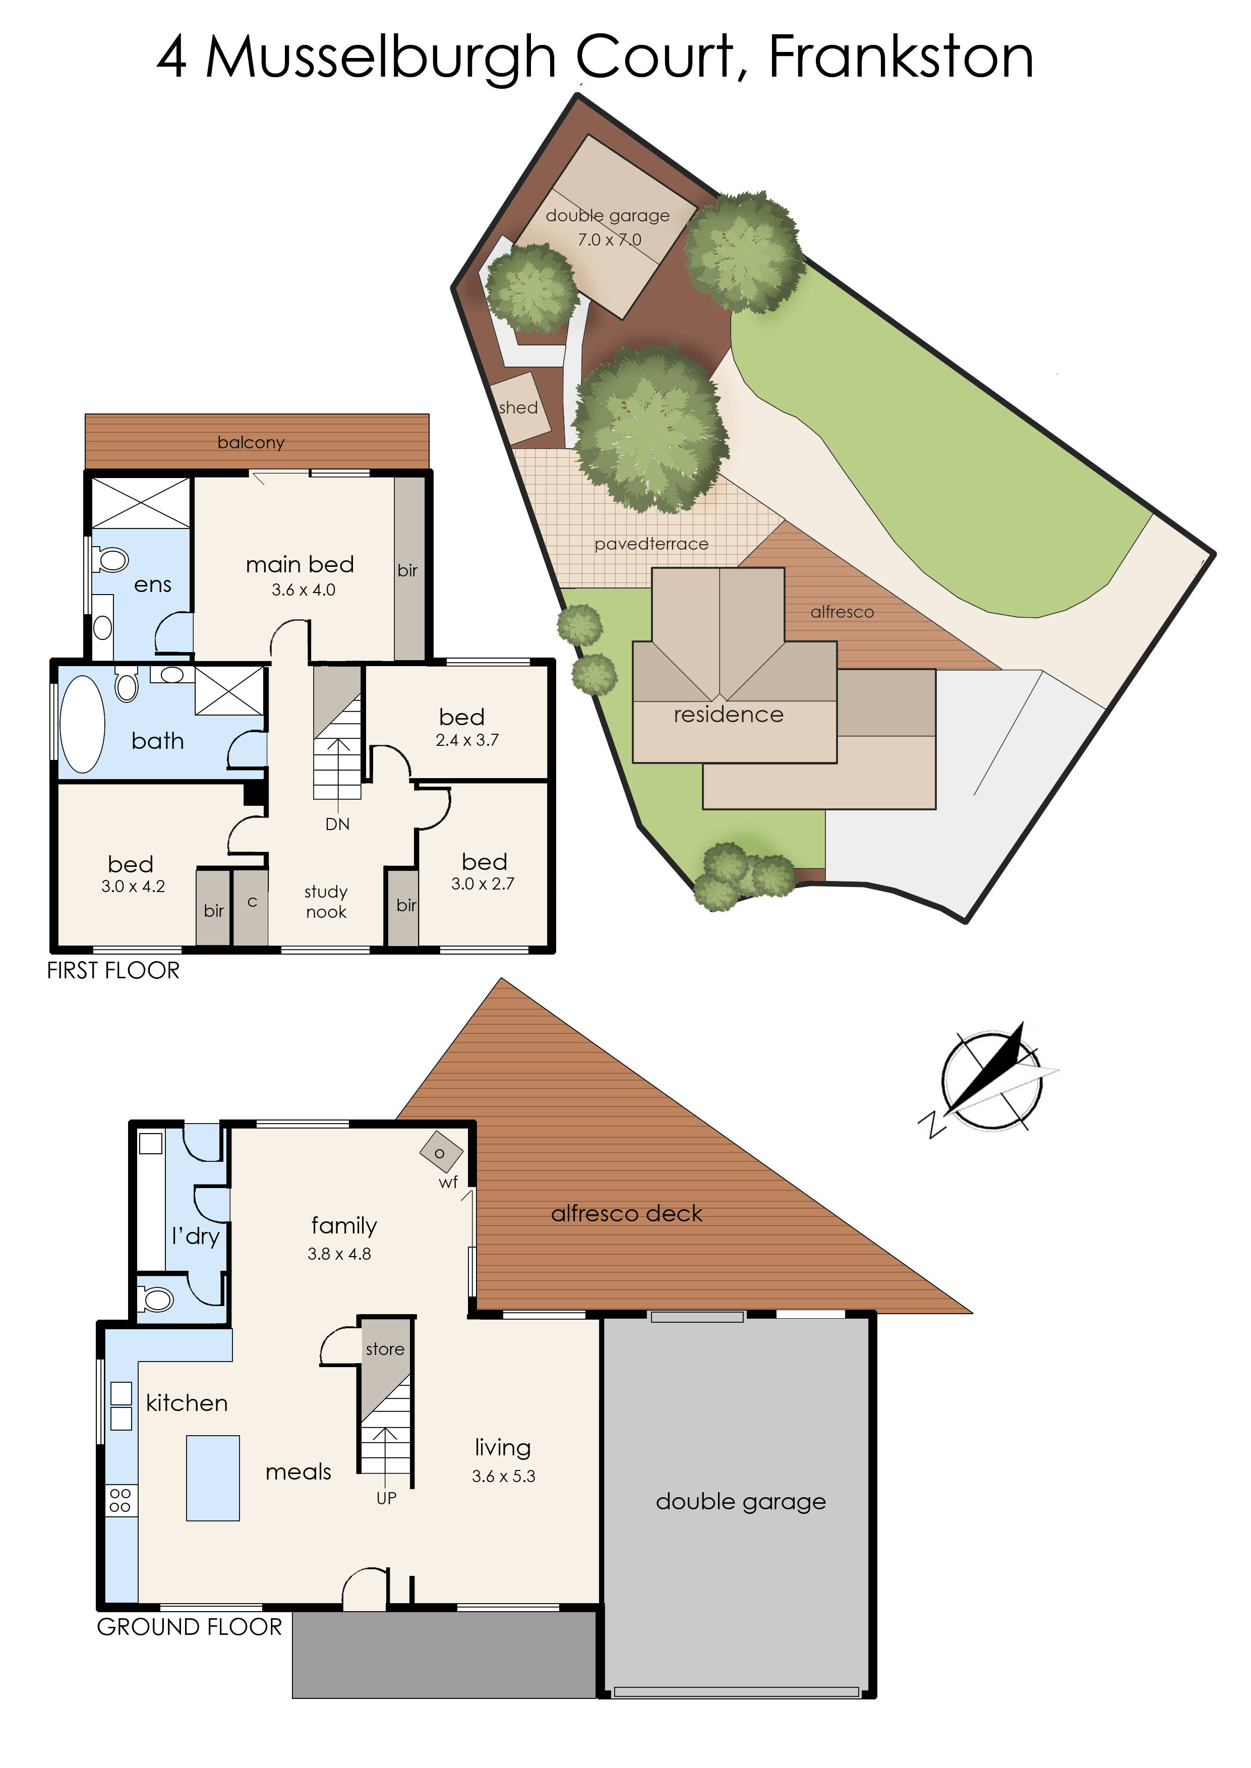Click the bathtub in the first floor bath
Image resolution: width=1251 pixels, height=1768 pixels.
pyautogui.click(x=82, y=724)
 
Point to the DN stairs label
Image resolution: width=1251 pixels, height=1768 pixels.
pyautogui.click(x=337, y=824)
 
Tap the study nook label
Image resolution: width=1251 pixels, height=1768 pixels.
pyautogui.click(x=326, y=902)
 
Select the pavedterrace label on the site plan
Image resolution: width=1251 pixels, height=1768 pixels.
pyautogui.click(x=651, y=544)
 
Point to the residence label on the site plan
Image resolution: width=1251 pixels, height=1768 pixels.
pyautogui.click(x=728, y=715)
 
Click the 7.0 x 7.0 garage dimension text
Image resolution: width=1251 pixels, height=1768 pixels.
pyautogui.click(x=609, y=240)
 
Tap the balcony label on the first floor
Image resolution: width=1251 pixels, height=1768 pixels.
pyautogui.click(x=251, y=442)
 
